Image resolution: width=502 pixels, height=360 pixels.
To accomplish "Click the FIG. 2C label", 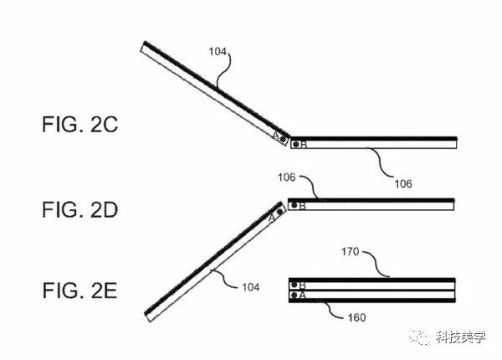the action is pyautogui.click(x=79, y=127).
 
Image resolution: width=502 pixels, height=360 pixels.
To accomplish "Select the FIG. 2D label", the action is pyautogui.click(x=79, y=209).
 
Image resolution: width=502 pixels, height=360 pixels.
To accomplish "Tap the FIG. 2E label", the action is pyautogui.click(x=79, y=291).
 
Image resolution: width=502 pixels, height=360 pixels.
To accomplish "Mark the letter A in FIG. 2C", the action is pyautogui.click(x=275, y=134).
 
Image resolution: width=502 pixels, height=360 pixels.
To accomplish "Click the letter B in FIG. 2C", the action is pyautogui.click(x=304, y=145).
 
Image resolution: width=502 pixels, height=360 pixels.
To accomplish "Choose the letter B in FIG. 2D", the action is pyautogui.click(x=303, y=205).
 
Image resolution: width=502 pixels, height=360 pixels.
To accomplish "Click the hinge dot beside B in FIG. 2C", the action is pyautogui.click(x=295, y=145).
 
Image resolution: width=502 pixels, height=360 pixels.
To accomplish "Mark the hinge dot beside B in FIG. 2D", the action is pyautogui.click(x=294, y=204).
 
